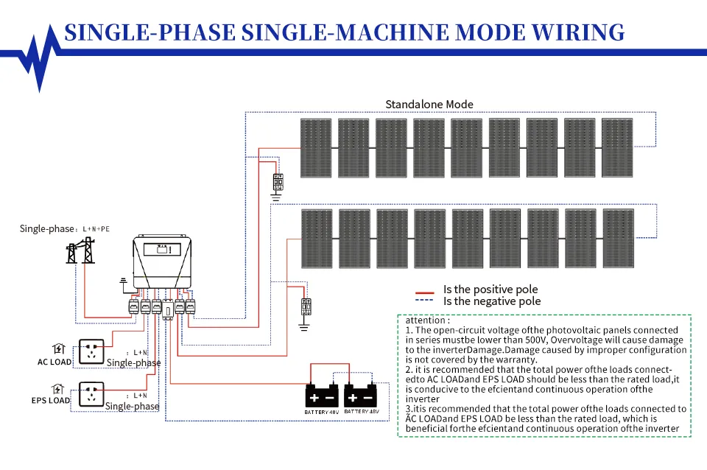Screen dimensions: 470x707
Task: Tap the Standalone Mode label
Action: pyautogui.click(x=429, y=104)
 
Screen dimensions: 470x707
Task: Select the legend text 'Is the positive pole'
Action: pyautogui.click(x=490, y=290)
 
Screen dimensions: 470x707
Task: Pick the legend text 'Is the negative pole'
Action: pyautogui.click(x=491, y=301)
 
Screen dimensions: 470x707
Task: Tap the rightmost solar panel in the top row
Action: pyautogui.click(x=617, y=148)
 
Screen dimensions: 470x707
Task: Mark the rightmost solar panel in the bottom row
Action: pyautogui.click(x=618, y=239)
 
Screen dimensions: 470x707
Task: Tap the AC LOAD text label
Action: pyautogui.click(x=54, y=362)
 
